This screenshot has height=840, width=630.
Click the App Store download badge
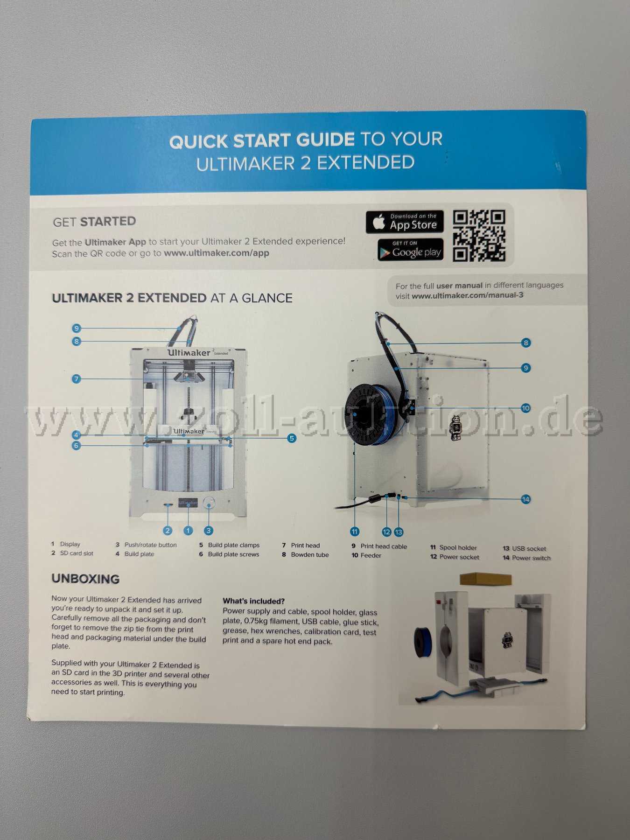click(405, 222)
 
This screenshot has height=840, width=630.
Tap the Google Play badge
click(410, 250)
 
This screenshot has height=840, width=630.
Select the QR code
click(479, 236)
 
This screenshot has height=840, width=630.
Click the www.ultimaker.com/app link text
click(217, 253)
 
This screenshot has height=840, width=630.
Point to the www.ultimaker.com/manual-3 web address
click(468, 295)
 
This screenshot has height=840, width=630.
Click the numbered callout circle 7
click(77, 379)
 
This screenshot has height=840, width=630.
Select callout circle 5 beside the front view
click(292, 438)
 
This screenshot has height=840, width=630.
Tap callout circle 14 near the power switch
click(526, 499)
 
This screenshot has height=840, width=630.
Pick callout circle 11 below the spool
click(355, 532)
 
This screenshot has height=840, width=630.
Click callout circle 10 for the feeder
click(526, 408)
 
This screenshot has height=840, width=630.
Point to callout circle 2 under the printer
click(168, 531)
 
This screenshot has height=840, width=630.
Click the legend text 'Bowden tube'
click(310, 555)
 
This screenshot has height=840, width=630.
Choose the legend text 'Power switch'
click(531, 558)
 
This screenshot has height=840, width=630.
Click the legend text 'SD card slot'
click(77, 553)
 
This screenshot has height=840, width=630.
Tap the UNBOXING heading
click(85, 579)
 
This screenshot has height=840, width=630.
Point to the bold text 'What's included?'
click(253, 601)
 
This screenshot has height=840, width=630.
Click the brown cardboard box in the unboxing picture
click(485, 579)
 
